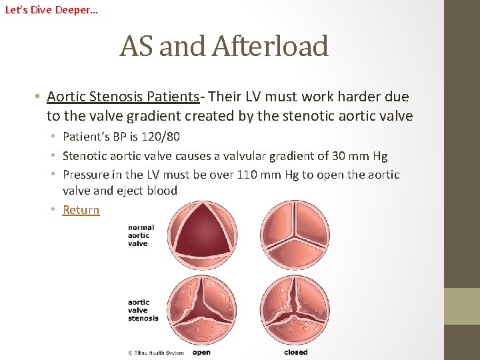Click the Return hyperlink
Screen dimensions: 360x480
pos(81,210)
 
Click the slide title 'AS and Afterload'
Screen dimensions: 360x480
pos(224,46)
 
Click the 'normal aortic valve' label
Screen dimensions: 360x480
pos(141,235)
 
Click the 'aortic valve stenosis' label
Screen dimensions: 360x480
pos(143,310)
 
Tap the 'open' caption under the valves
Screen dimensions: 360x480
pos(201,352)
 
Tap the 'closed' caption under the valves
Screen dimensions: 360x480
pos(295,352)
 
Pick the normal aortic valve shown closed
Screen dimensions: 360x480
pos(294,235)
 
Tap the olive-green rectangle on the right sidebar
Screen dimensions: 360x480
pos(462,306)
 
